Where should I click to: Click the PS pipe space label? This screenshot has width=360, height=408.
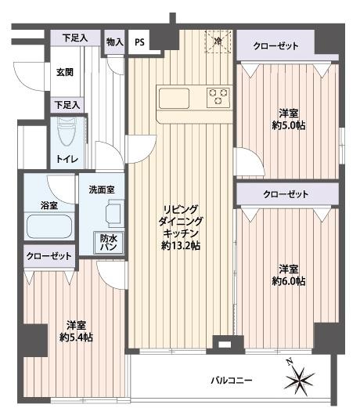(x=139, y=42)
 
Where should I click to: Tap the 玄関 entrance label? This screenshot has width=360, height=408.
(x=65, y=72)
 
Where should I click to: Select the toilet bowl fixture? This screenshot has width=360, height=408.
(x=67, y=132)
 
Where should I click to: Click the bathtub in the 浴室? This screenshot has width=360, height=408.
(x=49, y=226)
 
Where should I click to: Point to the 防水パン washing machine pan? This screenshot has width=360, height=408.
(x=109, y=243)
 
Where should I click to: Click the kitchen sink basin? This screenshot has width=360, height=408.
(x=174, y=99)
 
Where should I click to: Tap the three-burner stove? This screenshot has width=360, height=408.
(x=218, y=97)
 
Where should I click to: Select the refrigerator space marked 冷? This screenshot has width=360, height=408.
(x=218, y=42)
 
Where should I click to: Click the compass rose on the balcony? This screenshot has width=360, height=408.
(x=300, y=377)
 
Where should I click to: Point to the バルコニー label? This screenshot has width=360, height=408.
(x=232, y=381)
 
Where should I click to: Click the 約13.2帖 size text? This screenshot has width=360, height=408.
(x=181, y=246)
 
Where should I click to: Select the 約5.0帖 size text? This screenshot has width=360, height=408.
(x=289, y=125)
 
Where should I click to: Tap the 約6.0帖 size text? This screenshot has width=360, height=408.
(x=289, y=281)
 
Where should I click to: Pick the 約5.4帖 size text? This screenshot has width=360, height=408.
(x=76, y=338)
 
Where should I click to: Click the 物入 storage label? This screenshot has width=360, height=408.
(x=115, y=42)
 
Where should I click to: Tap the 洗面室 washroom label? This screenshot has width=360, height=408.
(x=102, y=190)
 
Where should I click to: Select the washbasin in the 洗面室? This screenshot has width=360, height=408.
(x=114, y=212)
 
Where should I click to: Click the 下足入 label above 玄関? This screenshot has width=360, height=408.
(x=75, y=38)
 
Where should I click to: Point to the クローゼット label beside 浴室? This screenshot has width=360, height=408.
(x=49, y=256)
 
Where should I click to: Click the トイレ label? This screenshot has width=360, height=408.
(x=67, y=159)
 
